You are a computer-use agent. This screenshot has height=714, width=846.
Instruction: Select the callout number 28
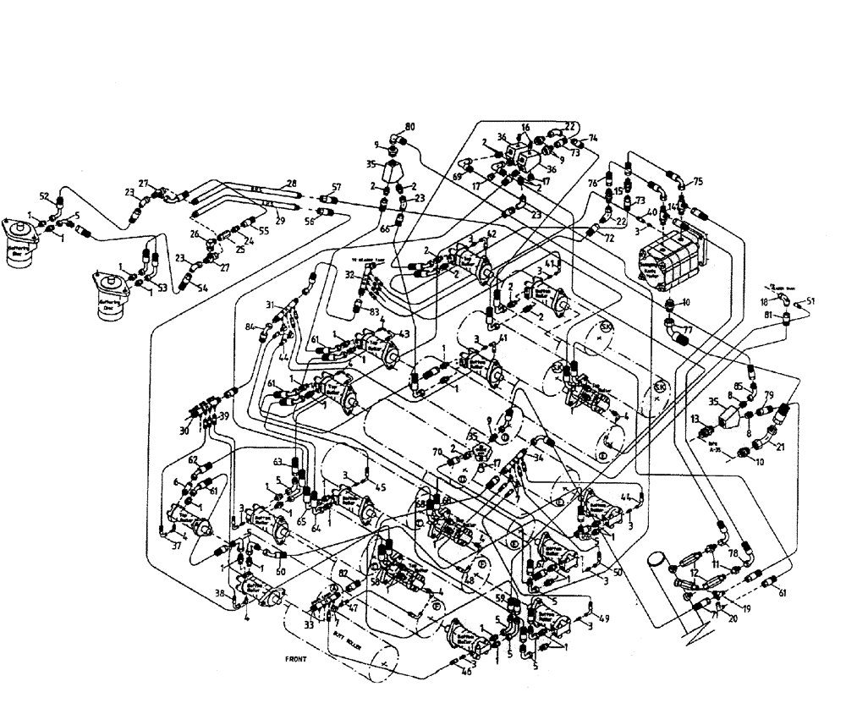pyautogui.click(x=292, y=184)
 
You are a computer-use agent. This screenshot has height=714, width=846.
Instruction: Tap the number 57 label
pyautogui.click(x=336, y=187)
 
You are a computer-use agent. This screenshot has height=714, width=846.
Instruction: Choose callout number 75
pyautogui.click(x=698, y=181)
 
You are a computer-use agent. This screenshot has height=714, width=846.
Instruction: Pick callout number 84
pyautogui.click(x=250, y=327)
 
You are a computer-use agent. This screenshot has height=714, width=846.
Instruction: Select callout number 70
pyautogui.click(x=438, y=452)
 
